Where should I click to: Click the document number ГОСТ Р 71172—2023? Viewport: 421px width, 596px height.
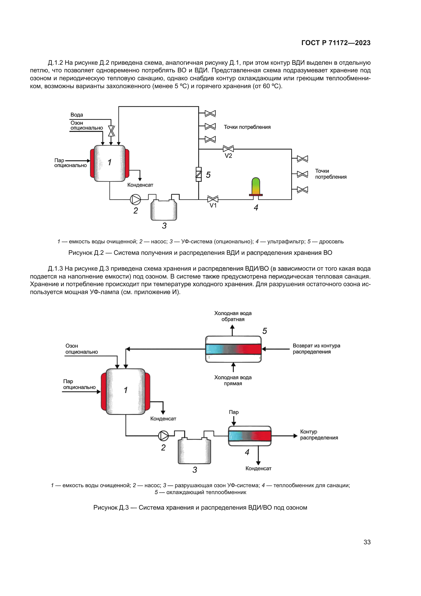pos(336,43)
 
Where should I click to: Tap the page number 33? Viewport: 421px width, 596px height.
pos(367,542)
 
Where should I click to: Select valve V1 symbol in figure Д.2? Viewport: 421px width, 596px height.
pos(213,199)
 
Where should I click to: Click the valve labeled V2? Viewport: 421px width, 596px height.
pos(228,149)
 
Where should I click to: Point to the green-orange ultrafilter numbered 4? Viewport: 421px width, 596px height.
pos(256,186)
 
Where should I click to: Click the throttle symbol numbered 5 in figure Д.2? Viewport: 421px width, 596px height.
pos(199,174)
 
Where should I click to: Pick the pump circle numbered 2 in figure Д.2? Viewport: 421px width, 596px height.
pos(135,200)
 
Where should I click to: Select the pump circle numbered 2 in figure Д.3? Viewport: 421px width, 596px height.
pos(163,436)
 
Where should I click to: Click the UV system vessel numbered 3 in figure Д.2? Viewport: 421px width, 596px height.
pos(164,210)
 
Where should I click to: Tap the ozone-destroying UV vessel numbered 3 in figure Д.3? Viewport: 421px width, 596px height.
pos(194,451)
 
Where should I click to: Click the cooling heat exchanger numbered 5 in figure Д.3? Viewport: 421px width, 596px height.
pos(233,349)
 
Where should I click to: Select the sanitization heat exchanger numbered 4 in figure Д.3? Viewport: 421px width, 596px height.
pos(250,436)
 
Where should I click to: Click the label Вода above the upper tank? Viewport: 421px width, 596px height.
pos(77,115)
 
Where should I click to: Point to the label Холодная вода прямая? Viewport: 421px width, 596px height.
pos(233,380)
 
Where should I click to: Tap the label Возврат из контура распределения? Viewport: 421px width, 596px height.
pos(316,349)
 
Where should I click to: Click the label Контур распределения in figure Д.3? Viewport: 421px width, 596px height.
pos(319,434)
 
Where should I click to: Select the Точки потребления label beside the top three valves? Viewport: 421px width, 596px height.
pos(247,127)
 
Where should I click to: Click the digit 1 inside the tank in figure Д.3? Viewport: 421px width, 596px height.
pos(126,390)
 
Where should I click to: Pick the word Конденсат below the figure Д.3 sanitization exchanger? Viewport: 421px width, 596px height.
pos(258,468)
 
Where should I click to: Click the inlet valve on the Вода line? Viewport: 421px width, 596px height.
pos(111,131)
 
